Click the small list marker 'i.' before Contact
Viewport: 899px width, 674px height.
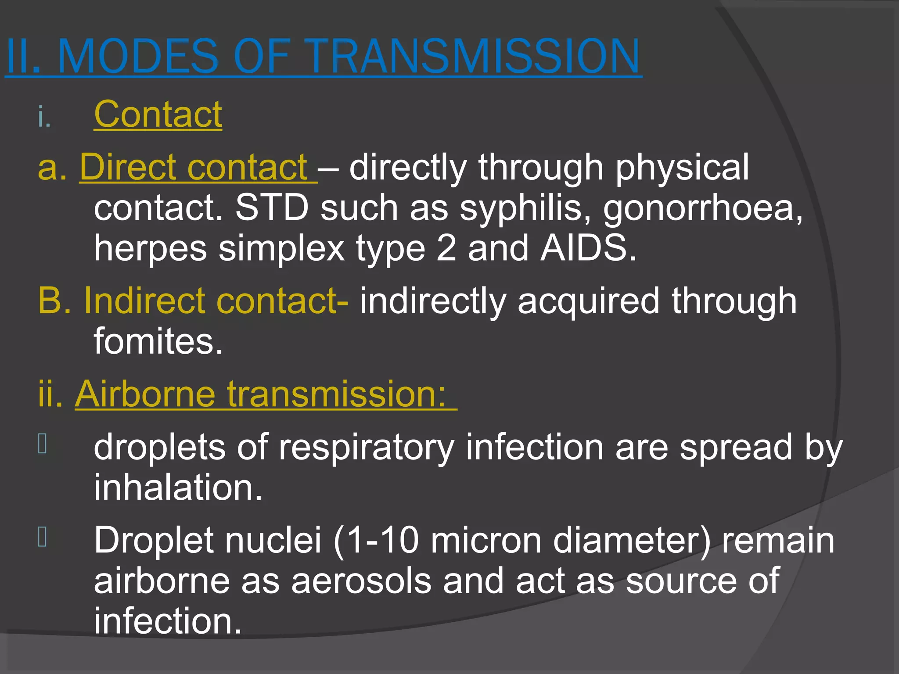click(44, 117)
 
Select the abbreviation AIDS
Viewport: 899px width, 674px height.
click(588, 248)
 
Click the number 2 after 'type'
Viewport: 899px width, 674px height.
click(446, 248)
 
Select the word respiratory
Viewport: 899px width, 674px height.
click(367, 447)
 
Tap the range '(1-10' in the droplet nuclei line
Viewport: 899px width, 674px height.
click(376, 540)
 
